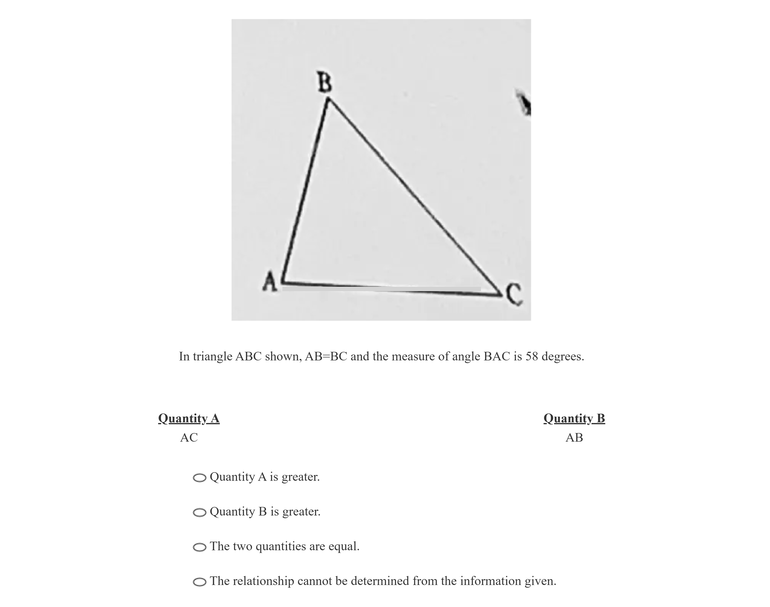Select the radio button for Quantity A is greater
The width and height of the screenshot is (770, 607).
point(199,478)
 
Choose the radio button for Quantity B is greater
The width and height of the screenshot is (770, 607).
point(199,513)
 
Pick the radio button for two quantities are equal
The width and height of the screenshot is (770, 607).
point(199,547)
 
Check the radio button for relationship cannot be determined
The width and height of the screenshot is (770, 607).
point(199,582)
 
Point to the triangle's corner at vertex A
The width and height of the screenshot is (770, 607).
point(283,283)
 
